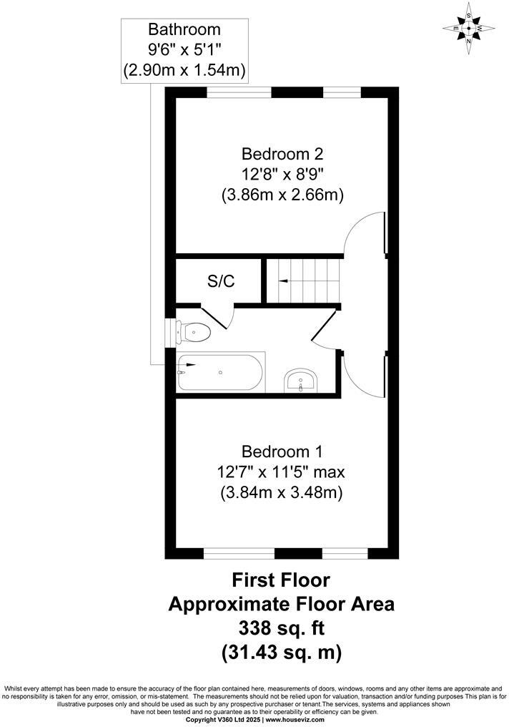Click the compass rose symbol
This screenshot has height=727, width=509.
[x=468, y=29]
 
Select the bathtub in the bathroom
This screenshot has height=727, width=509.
[x=221, y=372]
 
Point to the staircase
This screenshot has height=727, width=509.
[x=300, y=281]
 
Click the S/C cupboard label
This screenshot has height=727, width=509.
[x=221, y=281]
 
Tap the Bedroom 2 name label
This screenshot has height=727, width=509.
[x=282, y=153]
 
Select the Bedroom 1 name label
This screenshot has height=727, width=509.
[x=282, y=452]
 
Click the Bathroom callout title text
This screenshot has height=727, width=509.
[x=184, y=30]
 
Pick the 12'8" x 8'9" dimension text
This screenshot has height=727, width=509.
[x=282, y=173]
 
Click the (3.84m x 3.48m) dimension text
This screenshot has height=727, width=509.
[x=282, y=492]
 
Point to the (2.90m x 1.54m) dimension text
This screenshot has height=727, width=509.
[x=184, y=70]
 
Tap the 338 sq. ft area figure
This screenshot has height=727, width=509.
[x=281, y=628]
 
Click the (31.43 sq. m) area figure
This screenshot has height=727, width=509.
[x=281, y=652]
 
